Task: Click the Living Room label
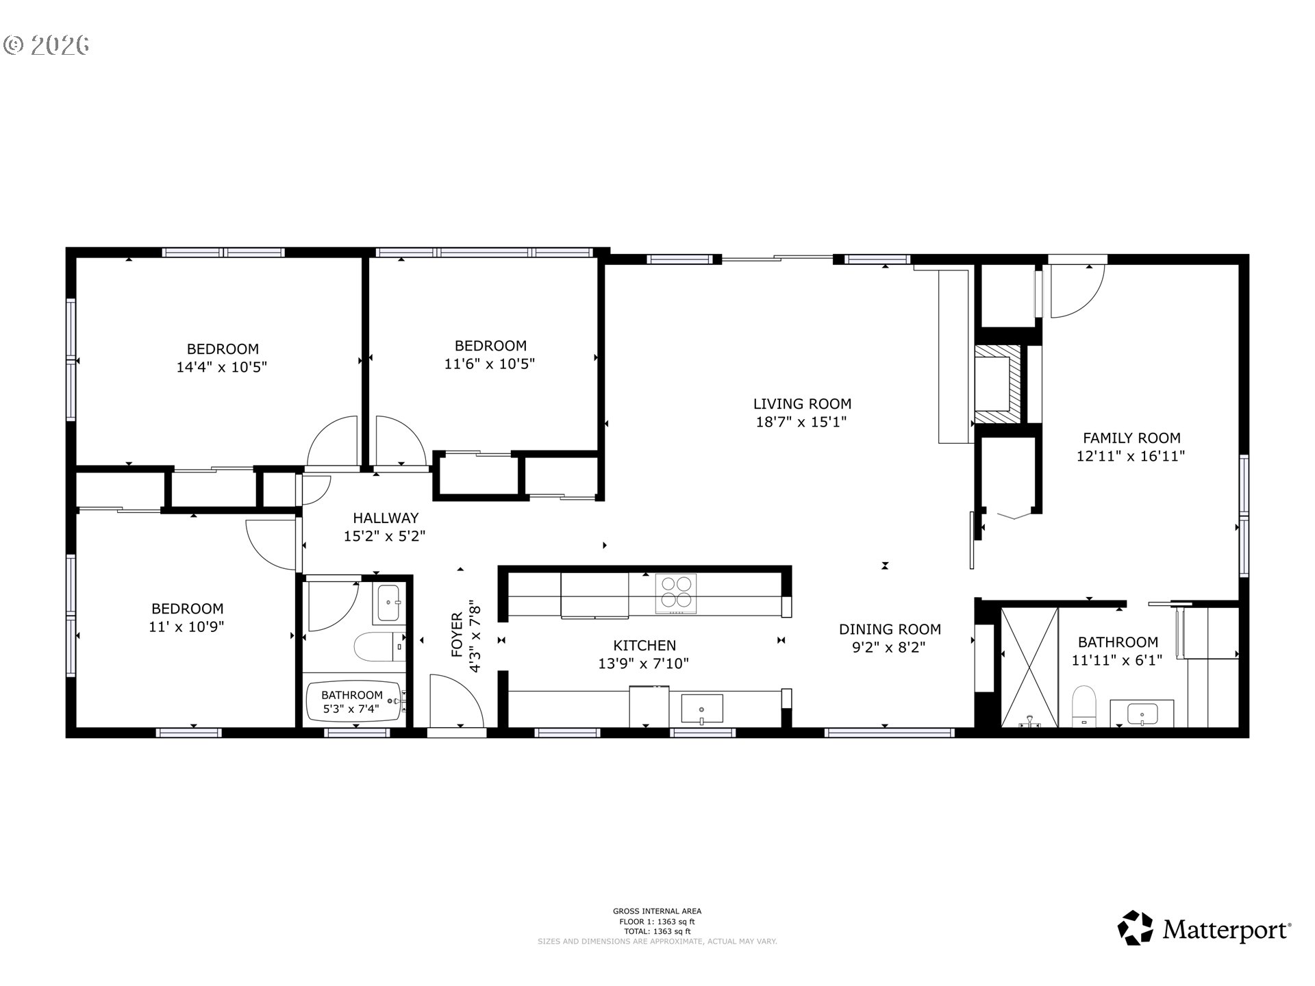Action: point(802,404)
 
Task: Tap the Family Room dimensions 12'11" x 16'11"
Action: point(1131,456)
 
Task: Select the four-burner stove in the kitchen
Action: point(676,593)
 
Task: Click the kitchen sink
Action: point(702,709)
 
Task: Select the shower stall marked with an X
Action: point(1029,666)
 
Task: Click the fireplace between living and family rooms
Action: point(998,384)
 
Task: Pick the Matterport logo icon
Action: point(1136,928)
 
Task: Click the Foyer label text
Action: point(457,635)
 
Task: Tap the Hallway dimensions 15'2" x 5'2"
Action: point(384,536)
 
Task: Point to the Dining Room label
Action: point(890,629)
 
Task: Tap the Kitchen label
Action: point(644,646)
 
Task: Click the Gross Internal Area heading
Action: point(657,911)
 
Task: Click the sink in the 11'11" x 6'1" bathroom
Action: point(1142,713)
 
